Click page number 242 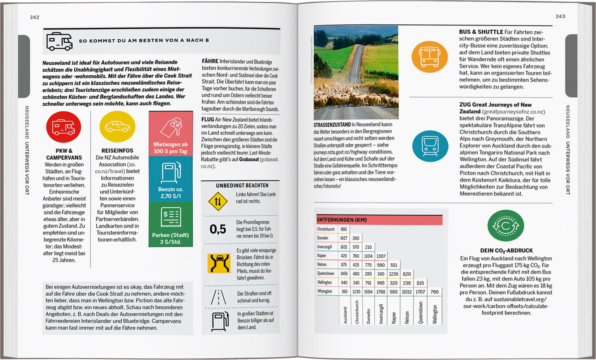(x=35, y=17)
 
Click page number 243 (x=560, y=16)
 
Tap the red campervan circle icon (x=64, y=127)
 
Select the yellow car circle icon (x=117, y=127)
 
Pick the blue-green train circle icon (x=430, y=146)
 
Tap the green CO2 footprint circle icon (x=505, y=226)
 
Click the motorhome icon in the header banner (x=60, y=41)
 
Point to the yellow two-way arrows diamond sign (x=218, y=201)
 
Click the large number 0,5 (x=218, y=229)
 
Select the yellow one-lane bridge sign (x=219, y=263)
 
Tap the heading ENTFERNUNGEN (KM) (x=342, y=220)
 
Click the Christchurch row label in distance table (x=326, y=229)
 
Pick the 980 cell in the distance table (x=344, y=229)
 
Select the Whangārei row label (x=325, y=292)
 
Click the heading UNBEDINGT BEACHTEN (x=242, y=186)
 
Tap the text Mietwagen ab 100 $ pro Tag (x=170, y=148)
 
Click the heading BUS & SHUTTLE (x=481, y=32)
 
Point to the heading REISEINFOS (x=117, y=151)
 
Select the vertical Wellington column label (x=435, y=314)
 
